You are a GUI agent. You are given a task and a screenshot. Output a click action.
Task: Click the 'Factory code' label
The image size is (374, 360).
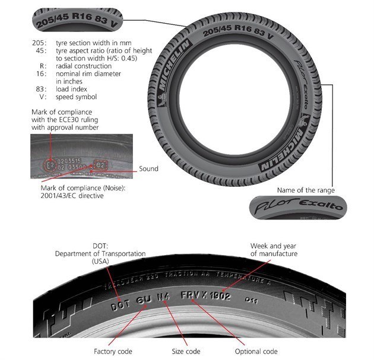coord(113,351)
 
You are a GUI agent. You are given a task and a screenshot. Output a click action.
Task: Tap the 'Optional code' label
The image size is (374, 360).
coord(256,351)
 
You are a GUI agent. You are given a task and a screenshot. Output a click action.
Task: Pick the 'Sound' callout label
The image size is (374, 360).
coord(148,169)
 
